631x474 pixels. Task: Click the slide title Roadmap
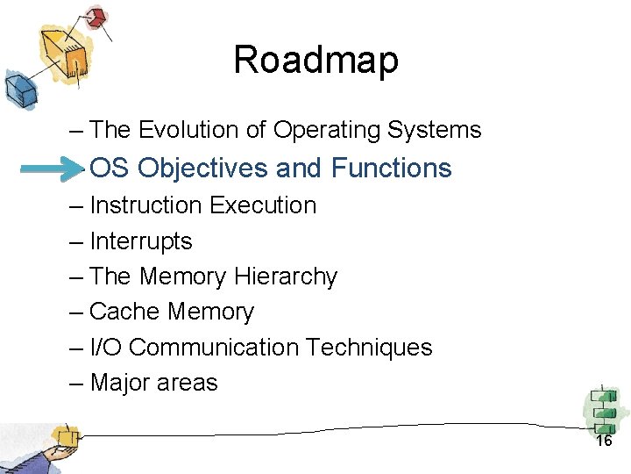315,61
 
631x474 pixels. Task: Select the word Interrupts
140,241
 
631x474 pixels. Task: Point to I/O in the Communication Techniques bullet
105,348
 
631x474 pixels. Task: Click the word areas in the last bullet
188,383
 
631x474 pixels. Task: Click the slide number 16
604,441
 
